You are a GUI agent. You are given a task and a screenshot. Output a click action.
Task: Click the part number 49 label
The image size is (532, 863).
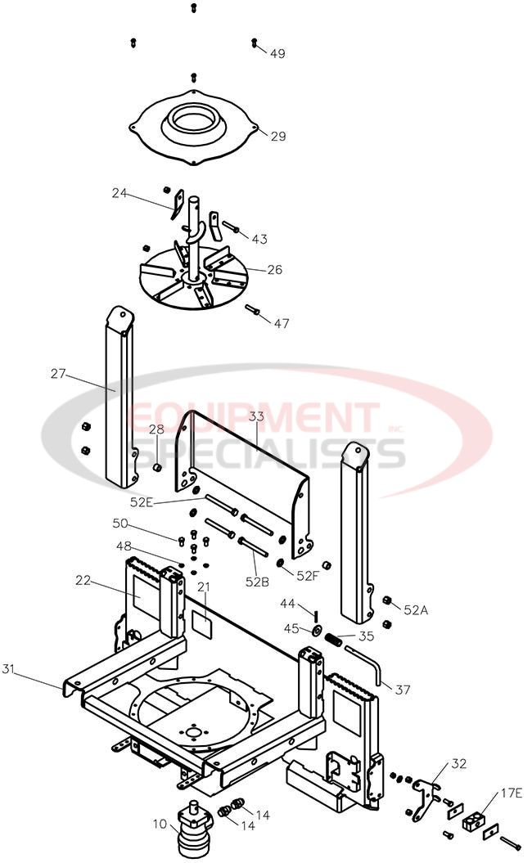(277, 54)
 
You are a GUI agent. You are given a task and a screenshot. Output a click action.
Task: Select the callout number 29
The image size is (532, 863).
(278, 137)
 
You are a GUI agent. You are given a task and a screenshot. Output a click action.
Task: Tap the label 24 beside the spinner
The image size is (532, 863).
(120, 194)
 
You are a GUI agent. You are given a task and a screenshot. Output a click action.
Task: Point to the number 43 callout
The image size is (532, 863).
(259, 240)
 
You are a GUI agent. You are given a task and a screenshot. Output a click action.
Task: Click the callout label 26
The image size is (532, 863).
(275, 269)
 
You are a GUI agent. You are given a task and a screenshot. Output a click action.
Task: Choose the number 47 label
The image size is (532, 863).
(281, 323)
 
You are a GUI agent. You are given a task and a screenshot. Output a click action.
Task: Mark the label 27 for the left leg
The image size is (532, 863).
(58, 375)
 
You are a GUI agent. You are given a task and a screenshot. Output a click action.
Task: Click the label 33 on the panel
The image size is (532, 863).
(257, 416)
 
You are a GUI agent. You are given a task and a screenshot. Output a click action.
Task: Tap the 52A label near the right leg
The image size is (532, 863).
(417, 610)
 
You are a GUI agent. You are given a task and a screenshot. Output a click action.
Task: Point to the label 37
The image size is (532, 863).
(403, 690)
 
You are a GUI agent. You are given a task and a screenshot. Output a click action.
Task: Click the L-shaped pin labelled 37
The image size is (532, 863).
(367, 662)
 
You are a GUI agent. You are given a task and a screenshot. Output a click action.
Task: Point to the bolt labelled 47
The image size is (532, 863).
(253, 310)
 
